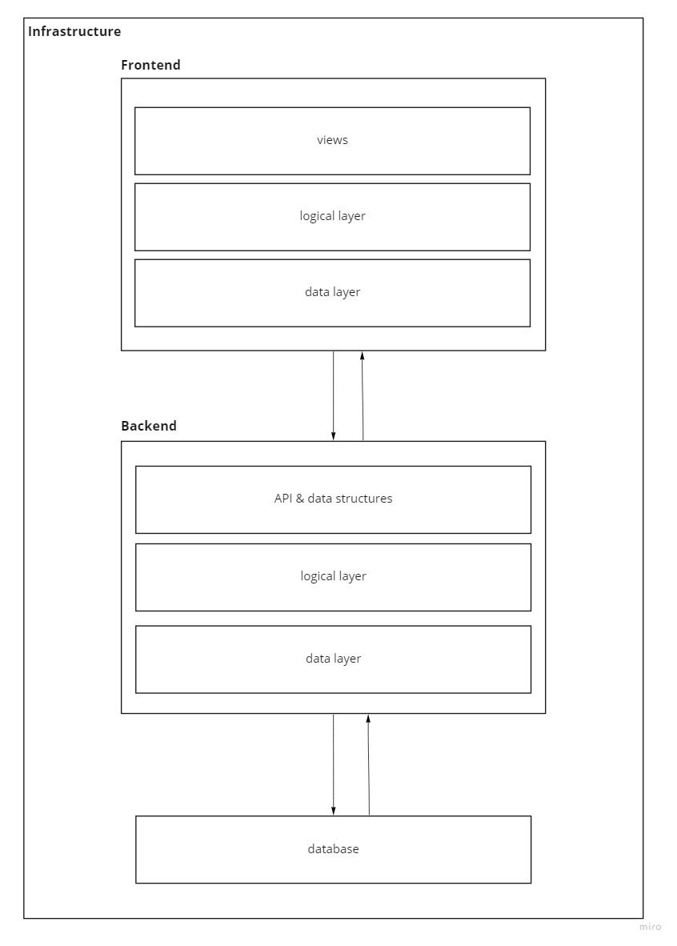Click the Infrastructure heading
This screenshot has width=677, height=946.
(x=74, y=31)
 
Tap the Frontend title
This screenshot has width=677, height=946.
(x=150, y=65)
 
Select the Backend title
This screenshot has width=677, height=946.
(x=148, y=426)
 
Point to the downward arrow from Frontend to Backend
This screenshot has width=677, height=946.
(x=333, y=396)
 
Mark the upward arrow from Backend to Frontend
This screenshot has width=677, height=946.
(x=363, y=396)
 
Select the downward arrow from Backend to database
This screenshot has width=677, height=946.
(x=333, y=764)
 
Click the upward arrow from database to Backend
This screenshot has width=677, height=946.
(x=369, y=764)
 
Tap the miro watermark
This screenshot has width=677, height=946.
(x=651, y=927)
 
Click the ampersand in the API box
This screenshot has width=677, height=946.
(x=300, y=499)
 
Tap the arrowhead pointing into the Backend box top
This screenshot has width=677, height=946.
(x=333, y=436)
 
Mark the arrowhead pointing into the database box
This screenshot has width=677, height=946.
(x=333, y=811)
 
